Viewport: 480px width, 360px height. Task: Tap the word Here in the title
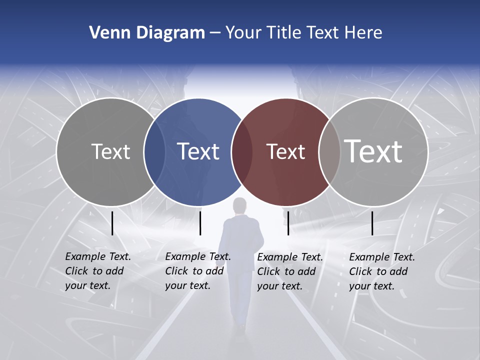(363, 33)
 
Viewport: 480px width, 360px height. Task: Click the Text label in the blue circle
(198, 151)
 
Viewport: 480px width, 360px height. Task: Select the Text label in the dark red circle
(285, 152)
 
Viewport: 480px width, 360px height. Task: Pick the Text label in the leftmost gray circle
(110, 151)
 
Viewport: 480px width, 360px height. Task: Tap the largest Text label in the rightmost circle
(373, 151)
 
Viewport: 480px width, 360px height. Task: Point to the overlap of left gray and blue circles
(155, 152)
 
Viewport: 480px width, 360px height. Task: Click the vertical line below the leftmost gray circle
(112, 223)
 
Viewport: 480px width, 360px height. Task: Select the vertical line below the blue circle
(200, 223)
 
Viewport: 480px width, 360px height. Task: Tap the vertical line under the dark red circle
(288, 223)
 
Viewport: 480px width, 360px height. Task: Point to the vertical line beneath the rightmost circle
(372, 223)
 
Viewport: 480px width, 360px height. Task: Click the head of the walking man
(241, 205)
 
